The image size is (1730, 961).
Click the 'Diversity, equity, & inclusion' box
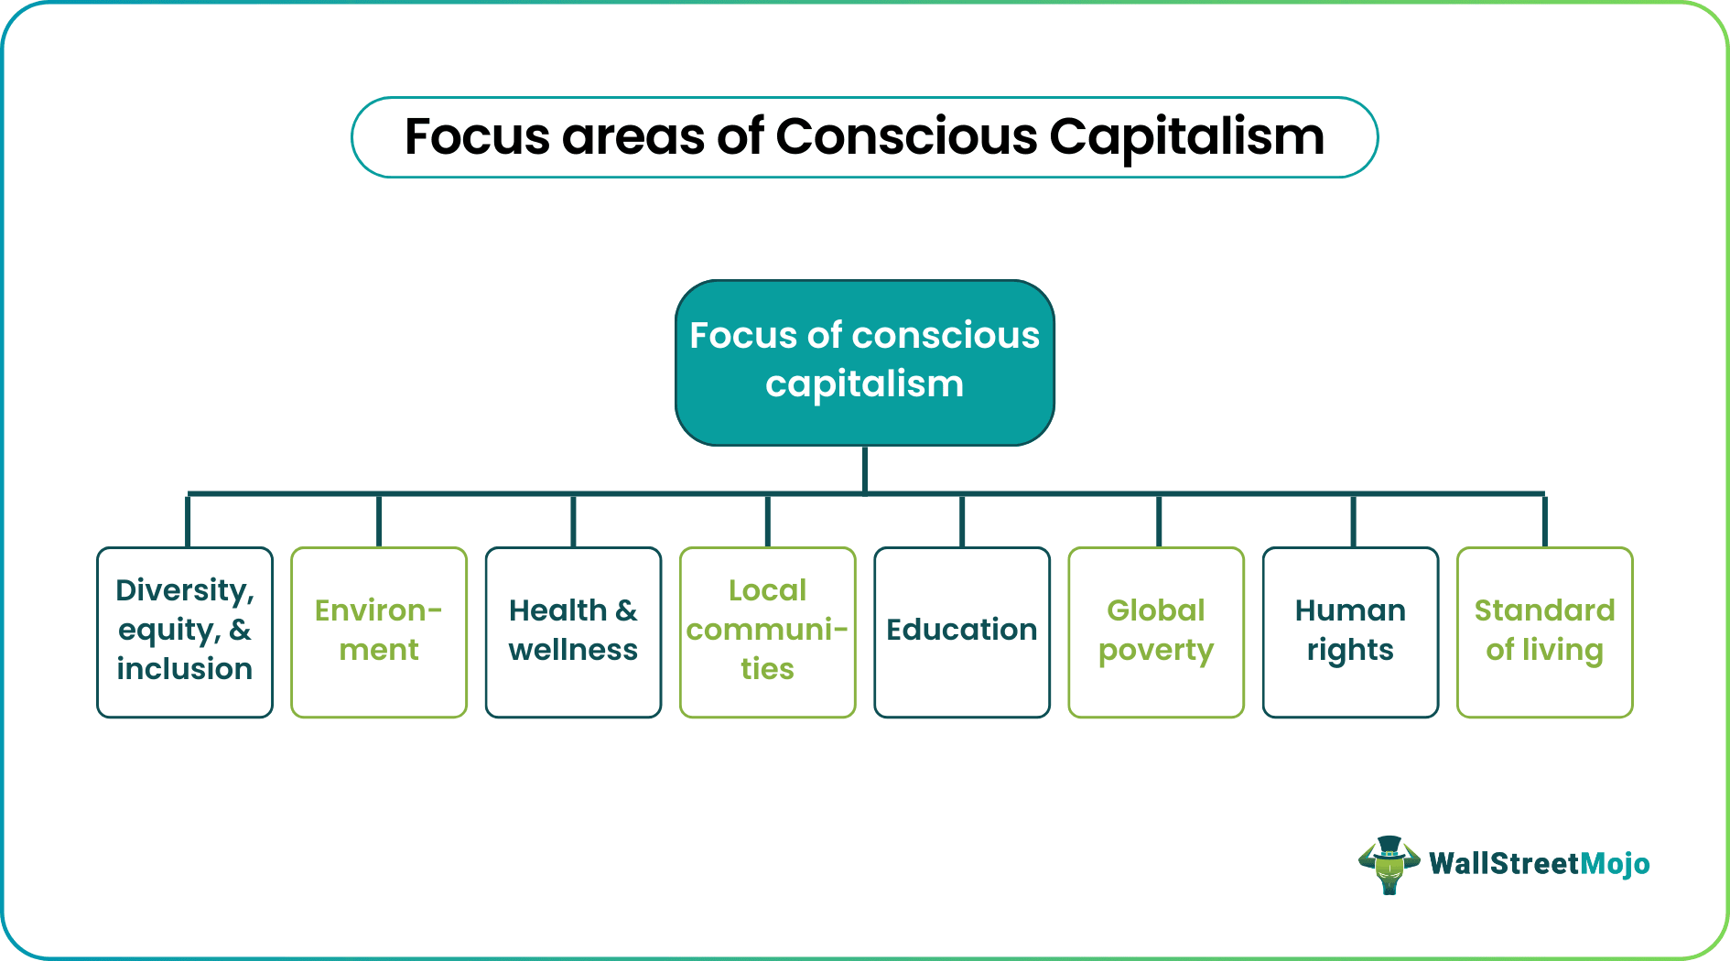pyautogui.click(x=185, y=632)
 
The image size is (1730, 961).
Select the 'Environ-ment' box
pyautogui.click(x=379, y=632)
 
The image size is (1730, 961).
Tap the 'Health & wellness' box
pyautogui.click(x=573, y=632)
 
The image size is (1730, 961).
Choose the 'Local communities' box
pyautogui.click(x=767, y=632)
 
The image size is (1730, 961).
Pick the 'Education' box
pyautogui.click(x=961, y=632)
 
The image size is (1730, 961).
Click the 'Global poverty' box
pyautogui.click(x=1156, y=632)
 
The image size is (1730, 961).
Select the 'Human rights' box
pyautogui.click(x=1350, y=632)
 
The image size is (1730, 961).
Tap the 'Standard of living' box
pyautogui.click(x=1544, y=632)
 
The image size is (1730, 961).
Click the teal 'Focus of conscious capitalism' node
pyautogui.click(x=865, y=362)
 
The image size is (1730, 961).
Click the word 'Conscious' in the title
pyautogui.click(x=905, y=137)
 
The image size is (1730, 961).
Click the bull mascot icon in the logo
pyautogui.click(x=1389, y=864)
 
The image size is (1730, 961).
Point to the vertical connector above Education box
pyautogui.click(x=962, y=521)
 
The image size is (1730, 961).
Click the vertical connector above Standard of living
pyautogui.click(x=1544, y=521)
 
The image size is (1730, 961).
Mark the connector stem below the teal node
pyautogui.click(x=865, y=469)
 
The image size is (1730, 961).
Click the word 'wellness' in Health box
pyautogui.click(x=573, y=650)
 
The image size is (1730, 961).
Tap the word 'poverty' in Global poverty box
pyautogui.click(x=1156, y=651)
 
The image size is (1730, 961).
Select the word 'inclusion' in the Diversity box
pyautogui.click(x=185, y=669)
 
